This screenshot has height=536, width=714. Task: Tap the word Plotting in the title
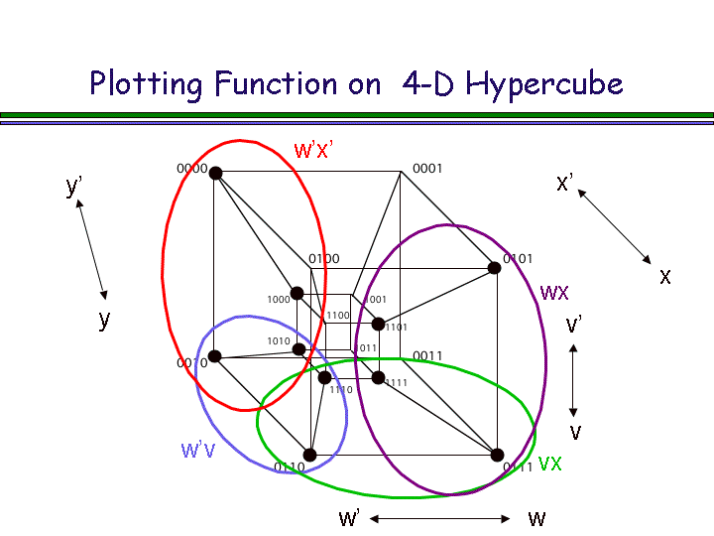point(145,83)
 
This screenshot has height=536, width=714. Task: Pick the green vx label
point(550,463)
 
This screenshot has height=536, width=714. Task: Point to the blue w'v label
point(197,450)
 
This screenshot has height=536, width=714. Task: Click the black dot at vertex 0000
point(215,173)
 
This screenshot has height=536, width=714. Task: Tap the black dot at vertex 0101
point(494,268)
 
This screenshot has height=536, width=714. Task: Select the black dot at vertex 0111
point(497,456)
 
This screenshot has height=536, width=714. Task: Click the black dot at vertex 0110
point(309,455)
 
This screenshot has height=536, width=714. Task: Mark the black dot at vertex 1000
point(297,293)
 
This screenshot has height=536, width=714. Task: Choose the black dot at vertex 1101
point(378,324)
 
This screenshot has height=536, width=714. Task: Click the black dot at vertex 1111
point(378,377)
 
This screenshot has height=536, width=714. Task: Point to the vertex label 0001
point(427,169)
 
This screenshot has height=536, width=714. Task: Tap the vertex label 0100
point(324,259)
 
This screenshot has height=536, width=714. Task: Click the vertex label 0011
point(427,356)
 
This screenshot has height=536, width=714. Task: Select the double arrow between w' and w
point(441,518)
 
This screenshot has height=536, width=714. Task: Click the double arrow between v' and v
point(573,379)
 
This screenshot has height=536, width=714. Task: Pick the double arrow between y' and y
point(90,248)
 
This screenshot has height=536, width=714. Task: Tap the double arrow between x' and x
point(614,226)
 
